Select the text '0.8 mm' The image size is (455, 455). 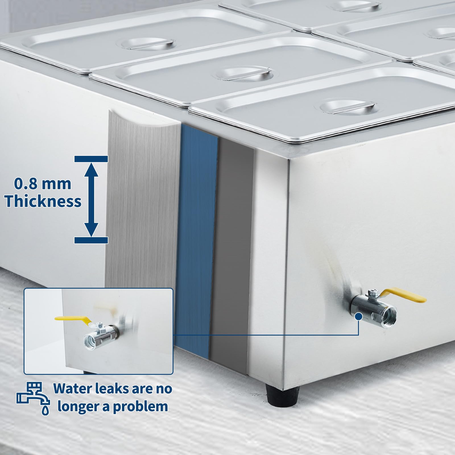click(x=43, y=183)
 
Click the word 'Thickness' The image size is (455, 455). click(x=43, y=201)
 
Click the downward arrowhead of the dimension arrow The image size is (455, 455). click(x=91, y=229)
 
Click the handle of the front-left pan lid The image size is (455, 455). click(x=148, y=44)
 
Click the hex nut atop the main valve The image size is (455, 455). click(x=371, y=293)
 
